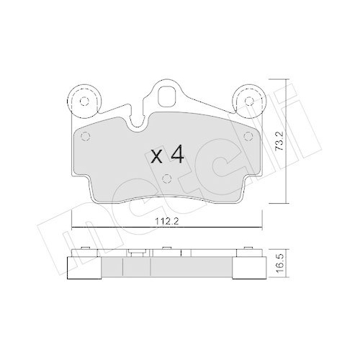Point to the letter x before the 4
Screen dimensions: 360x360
(x=157, y=156)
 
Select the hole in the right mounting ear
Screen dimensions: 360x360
(x=248, y=101)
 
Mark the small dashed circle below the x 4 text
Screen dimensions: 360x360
(x=166, y=179)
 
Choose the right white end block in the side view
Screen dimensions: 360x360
(x=248, y=266)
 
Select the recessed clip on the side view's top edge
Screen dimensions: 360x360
(x=135, y=253)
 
